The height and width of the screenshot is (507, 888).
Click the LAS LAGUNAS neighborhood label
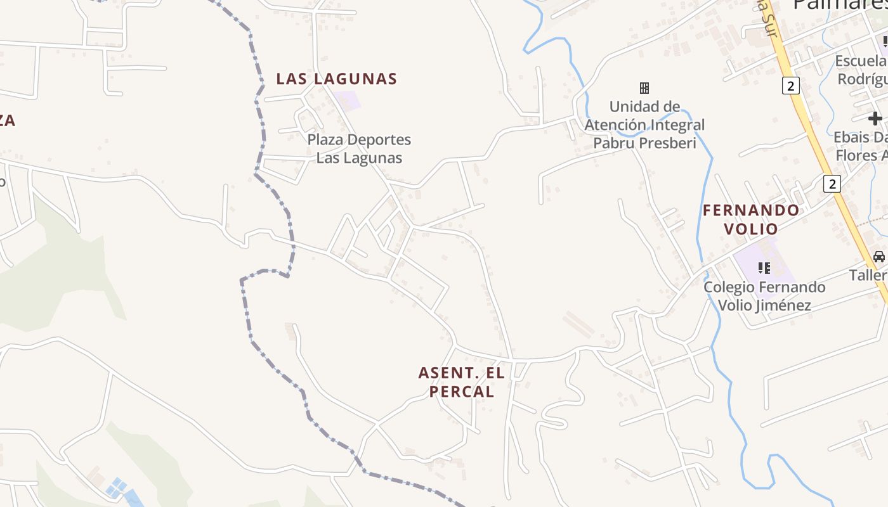[336, 79]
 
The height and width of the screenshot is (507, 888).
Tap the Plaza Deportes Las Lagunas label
[359, 148]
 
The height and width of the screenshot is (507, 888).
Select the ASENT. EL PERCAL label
[462, 382]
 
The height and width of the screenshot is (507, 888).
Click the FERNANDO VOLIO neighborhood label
[751, 219]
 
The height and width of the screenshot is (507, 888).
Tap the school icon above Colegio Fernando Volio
[764, 268]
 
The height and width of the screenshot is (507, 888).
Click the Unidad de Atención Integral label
[644, 125]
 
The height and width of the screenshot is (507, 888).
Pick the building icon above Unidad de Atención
[644, 87]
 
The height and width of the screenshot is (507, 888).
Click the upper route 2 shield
[790, 86]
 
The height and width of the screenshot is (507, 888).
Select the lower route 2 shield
[832, 184]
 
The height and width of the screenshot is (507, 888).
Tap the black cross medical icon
[875, 118]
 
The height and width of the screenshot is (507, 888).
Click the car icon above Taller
[878, 257]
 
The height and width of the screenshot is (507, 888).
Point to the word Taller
[868, 275]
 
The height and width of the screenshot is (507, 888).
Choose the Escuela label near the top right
[861, 61]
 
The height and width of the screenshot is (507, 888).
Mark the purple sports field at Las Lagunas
[346, 101]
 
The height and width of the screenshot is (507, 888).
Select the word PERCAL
[462, 392]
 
